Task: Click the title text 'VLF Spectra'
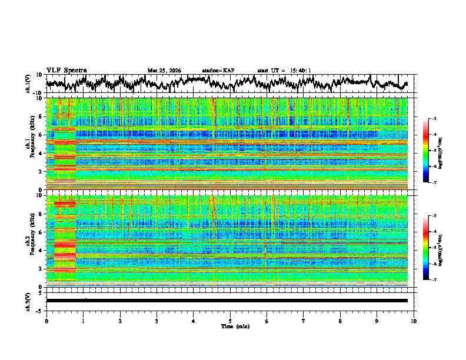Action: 66,70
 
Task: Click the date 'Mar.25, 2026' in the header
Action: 164,71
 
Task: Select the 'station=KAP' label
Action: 218,71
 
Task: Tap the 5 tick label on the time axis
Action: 230,321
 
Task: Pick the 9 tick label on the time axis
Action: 377,321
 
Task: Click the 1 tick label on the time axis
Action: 83,321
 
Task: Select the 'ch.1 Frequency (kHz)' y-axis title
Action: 31,143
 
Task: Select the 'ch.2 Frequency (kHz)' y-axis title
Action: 31,240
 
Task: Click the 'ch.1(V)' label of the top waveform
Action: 29,84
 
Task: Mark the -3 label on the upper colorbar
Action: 435,119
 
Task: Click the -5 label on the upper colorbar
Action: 435,151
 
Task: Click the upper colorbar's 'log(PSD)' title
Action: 448,151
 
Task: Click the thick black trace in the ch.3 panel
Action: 227,301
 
